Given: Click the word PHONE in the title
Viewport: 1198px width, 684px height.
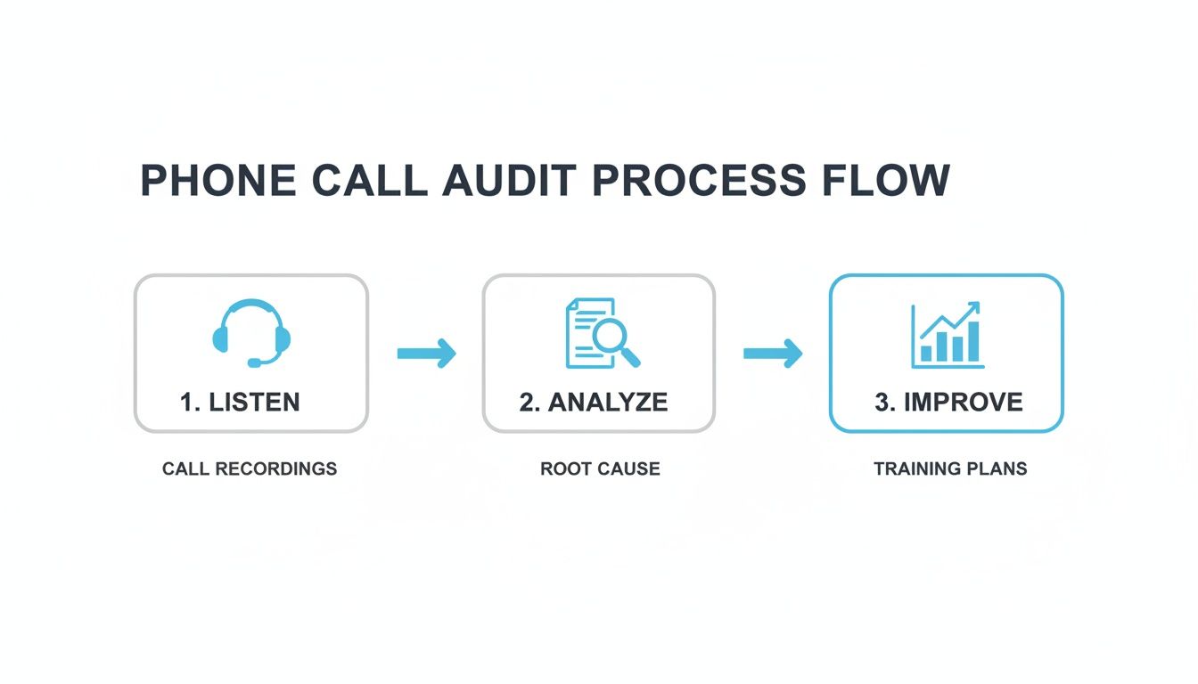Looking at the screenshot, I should [217, 181].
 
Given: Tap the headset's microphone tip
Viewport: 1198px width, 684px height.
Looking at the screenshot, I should [254, 362].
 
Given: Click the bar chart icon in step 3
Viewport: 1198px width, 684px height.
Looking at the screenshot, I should [947, 336].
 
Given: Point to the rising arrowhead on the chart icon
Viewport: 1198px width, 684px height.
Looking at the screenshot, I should [973, 308].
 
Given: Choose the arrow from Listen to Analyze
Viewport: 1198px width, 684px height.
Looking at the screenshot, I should [426, 354].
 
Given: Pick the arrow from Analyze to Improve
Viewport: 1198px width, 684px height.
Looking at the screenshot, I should [772, 354].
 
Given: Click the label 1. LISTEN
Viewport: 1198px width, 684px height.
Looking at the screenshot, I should [240, 402].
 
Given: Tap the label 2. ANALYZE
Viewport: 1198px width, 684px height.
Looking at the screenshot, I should [594, 402].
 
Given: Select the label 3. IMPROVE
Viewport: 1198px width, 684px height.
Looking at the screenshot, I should [948, 402].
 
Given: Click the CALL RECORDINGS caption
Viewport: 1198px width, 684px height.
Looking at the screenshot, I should [250, 468].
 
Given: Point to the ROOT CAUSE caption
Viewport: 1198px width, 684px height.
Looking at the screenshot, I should [600, 468].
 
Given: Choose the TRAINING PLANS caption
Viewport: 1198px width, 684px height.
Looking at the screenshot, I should [950, 468].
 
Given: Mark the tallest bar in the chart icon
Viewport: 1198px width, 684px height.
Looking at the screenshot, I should [973, 342].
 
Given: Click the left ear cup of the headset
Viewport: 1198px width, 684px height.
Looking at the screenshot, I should [221, 338].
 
